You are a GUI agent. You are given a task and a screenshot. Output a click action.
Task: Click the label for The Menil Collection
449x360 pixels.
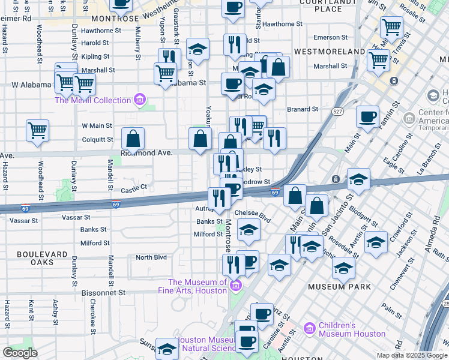(x=93, y=100)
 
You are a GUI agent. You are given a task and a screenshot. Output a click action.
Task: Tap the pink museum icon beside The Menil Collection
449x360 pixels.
(x=140, y=99)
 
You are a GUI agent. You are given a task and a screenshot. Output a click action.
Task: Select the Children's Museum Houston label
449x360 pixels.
(x=352, y=329)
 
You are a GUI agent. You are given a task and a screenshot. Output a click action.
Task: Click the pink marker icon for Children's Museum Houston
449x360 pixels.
(x=310, y=329)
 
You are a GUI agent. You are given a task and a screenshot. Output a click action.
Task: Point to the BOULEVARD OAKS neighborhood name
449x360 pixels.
(x=42, y=259)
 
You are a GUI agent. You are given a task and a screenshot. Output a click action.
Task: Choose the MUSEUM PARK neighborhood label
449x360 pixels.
(x=339, y=287)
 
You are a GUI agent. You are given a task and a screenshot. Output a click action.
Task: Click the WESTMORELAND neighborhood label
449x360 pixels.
(x=330, y=52)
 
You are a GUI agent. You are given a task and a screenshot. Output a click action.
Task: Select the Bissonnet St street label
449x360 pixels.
(x=104, y=292)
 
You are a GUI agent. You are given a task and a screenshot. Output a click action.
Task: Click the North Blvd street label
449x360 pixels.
(x=151, y=257)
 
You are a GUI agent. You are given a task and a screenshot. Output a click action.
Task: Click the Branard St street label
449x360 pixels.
(x=302, y=109)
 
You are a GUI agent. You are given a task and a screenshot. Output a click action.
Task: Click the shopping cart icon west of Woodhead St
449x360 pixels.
(x=37, y=130)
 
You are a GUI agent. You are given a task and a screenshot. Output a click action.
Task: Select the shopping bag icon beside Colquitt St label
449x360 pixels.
(x=133, y=139)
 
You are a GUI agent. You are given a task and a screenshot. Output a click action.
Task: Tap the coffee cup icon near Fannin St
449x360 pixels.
(x=367, y=116)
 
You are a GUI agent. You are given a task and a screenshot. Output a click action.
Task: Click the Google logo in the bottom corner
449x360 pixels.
(x=20, y=353)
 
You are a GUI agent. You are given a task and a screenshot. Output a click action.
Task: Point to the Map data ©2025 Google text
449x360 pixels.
(x=412, y=356)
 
